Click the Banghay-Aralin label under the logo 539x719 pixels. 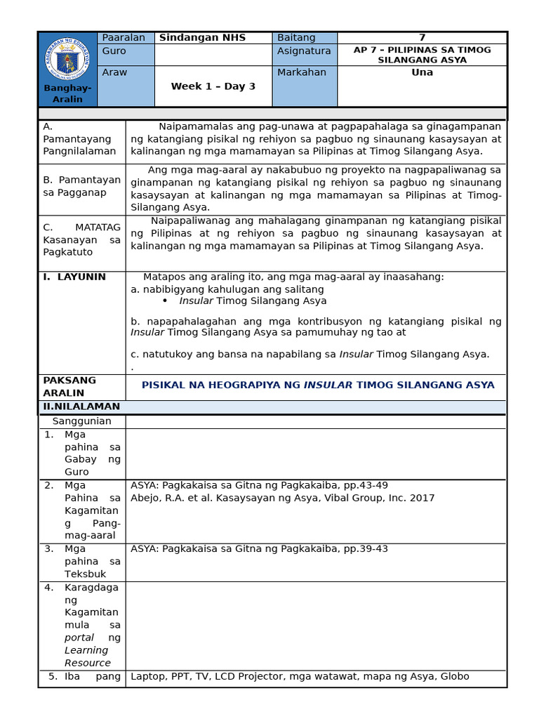tap(67, 93)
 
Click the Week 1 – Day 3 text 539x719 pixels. tap(213, 86)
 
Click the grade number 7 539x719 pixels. tap(422, 38)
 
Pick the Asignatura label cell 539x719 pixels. tap(303, 51)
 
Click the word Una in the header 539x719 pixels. tap(422, 72)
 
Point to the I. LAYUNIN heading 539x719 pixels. tap(74, 277)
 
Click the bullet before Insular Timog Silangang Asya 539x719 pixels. tap(165, 301)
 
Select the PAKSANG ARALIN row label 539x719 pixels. tap(69, 386)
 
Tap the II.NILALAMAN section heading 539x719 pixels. tap(81, 407)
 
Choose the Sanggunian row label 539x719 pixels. tap(82, 421)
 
